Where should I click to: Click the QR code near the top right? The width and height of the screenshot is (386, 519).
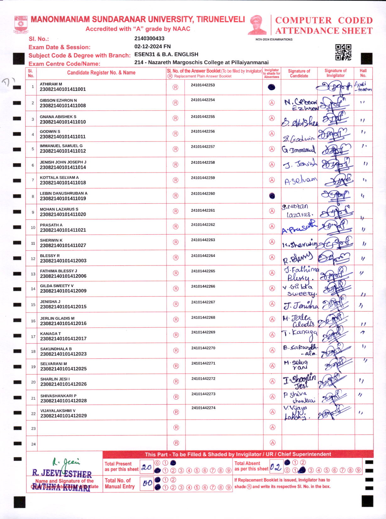(343, 52)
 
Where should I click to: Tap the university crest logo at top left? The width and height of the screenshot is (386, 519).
(21, 25)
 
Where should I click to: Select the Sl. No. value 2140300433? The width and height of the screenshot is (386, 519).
(149, 38)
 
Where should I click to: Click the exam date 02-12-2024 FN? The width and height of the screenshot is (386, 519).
(152, 46)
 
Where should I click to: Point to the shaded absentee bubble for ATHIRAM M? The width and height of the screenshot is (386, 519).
(272, 87)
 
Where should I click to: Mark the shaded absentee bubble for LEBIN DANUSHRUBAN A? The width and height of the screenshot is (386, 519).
(272, 196)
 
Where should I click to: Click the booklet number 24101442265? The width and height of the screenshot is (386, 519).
(203, 271)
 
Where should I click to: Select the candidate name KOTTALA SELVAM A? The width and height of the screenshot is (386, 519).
(59, 178)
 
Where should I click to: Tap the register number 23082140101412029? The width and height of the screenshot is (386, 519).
(63, 416)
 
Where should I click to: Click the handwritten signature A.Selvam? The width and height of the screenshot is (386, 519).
(301, 180)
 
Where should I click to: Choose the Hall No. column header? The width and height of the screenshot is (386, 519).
(363, 73)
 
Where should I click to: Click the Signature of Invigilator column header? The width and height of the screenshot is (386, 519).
(335, 73)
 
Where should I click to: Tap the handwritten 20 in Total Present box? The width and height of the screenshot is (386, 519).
(146, 467)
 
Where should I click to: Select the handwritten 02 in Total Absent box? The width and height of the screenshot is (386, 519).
(276, 467)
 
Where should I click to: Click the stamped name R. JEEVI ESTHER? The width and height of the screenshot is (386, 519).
(62, 473)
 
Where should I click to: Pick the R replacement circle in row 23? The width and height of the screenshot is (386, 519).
(176, 427)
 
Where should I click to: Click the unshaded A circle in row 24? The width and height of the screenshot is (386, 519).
(273, 443)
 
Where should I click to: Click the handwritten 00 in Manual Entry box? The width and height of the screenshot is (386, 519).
(147, 483)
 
